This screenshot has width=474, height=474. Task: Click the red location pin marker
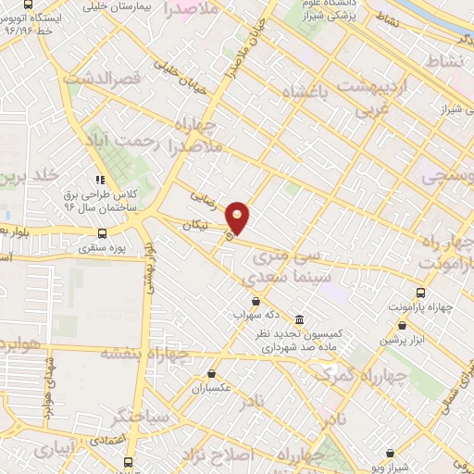point(238,218)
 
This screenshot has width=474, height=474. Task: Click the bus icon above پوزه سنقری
point(102,232)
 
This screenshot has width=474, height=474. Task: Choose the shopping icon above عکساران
point(212,374)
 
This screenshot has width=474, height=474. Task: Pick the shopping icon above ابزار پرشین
point(402,325)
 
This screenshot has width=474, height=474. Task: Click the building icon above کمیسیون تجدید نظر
point(298,317)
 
